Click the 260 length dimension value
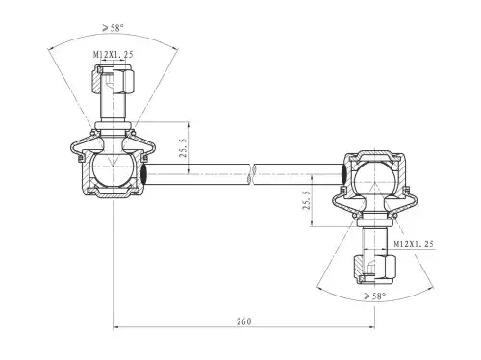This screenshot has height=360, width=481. [x=244, y=321]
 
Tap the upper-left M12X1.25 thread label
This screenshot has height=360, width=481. [x=113, y=55]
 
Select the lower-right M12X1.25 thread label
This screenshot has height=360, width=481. [x=414, y=244]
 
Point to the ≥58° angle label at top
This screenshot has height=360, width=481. [x=113, y=28]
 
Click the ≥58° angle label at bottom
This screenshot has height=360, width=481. [x=375, y=296]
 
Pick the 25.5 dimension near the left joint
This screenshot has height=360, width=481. [x=183, y=147]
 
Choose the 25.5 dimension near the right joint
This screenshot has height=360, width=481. [x=307, y=200]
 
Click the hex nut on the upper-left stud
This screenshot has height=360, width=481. [x=114, y=79]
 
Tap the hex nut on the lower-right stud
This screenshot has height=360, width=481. [x=375, y=269]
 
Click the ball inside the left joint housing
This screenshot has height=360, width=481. [x=113, y=169]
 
